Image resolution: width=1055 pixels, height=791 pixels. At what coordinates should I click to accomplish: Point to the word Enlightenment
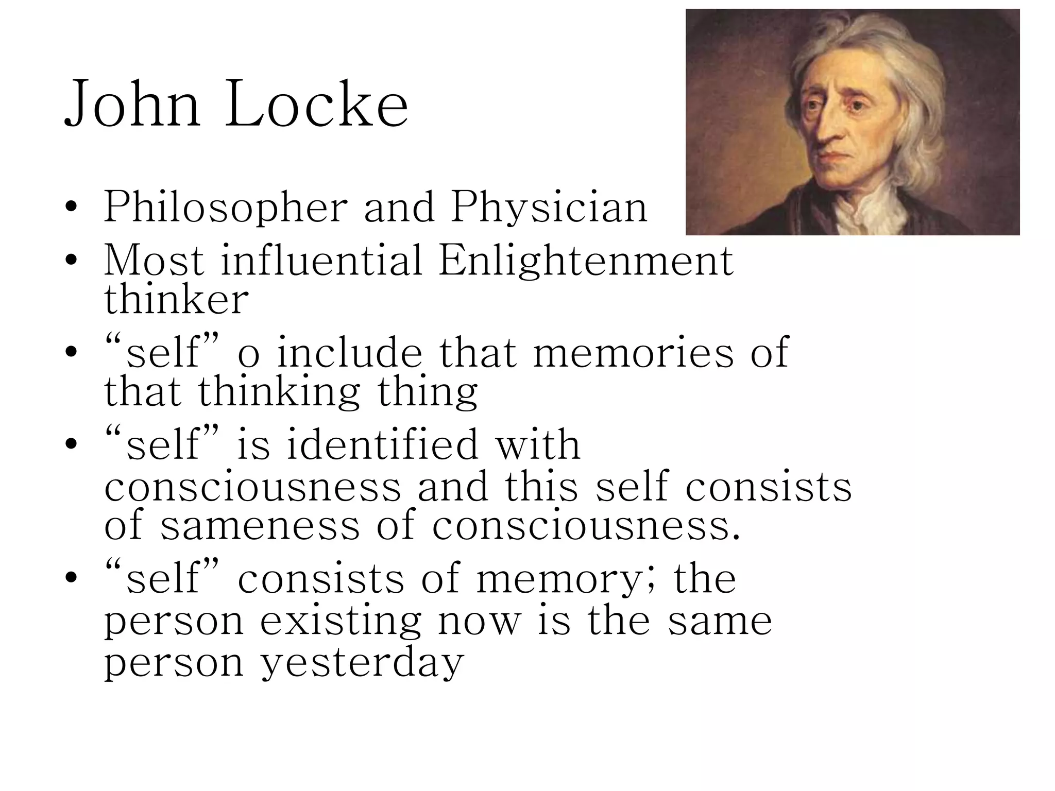586,260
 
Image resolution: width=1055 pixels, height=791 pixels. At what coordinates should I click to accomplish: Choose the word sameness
260,525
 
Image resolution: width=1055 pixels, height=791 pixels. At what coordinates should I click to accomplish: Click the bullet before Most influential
72,260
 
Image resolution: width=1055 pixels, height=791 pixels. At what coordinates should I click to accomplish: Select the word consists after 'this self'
769,487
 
